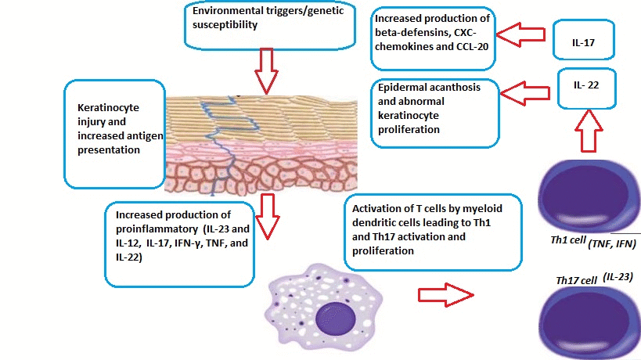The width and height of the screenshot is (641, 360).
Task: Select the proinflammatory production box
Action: point(179,242)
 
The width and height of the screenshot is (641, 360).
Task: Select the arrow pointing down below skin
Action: point(268,215)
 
